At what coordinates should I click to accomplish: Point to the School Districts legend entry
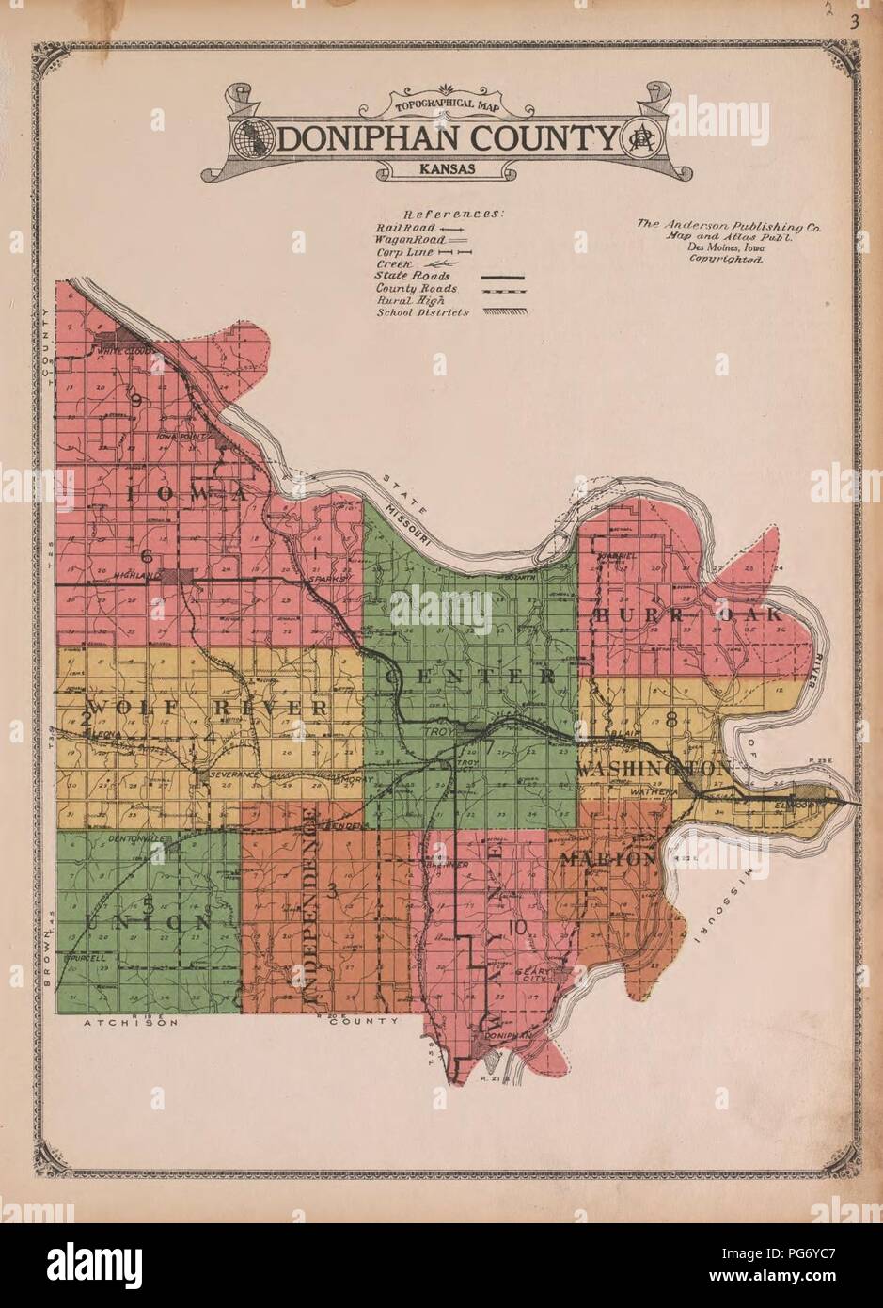coord(422,312)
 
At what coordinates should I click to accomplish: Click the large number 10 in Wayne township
coord(514,928)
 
